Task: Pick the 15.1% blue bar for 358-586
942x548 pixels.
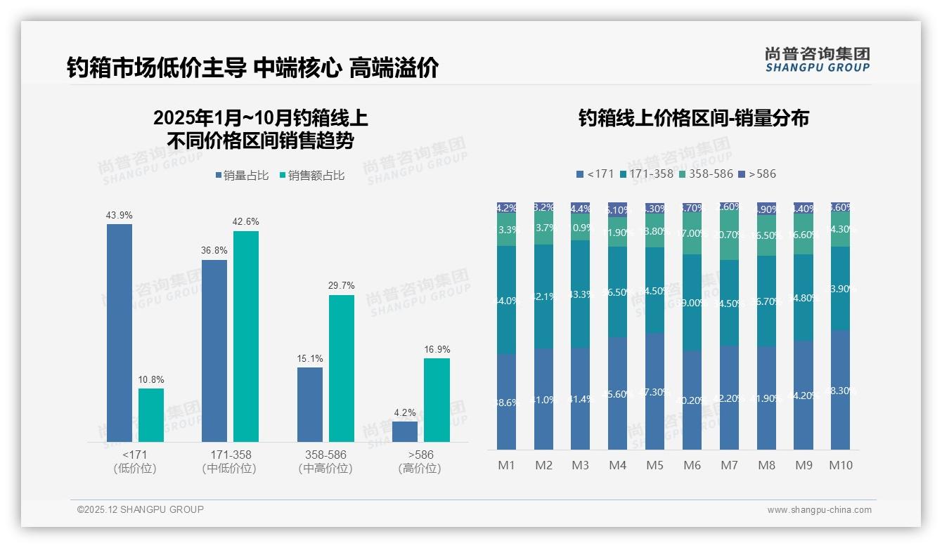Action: click(x=310, y=404)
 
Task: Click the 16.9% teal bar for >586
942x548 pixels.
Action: click(x=437, y=400)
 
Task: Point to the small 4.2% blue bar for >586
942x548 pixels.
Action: click(x=405, y=431)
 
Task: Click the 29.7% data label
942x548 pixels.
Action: click(x=342, y=286)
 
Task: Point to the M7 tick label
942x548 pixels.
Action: click(x=729, y=465)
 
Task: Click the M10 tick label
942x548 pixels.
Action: click(x=840, y=465)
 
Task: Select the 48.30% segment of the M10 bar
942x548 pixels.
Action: click(x=840, y=390)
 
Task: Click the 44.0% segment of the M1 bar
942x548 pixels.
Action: click(x=506, y=300)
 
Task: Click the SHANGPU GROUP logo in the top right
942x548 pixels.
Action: click(x=817, y=60)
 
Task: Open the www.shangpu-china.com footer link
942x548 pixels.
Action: click(x=819, y=510)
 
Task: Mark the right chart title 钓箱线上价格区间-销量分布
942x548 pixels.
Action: click(x=693, y=118)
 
